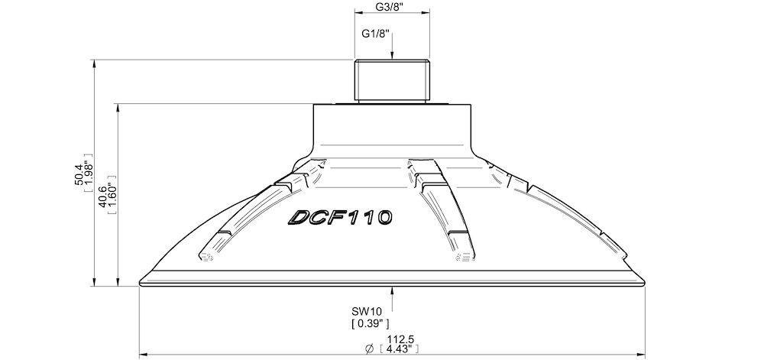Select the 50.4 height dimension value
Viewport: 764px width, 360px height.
(x=79, y=176)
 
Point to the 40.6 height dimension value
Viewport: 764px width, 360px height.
(x=102, y=196)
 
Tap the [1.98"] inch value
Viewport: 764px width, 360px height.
(x=89, y=176)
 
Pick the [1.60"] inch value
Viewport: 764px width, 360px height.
(x=113, y=196)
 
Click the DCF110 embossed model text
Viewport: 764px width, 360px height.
(x=340, y=218)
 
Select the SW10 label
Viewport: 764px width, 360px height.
(x=366, y=311)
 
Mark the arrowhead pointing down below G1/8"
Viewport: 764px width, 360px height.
(x=391, y=55)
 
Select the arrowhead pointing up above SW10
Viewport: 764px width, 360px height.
(x=391, y=291)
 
